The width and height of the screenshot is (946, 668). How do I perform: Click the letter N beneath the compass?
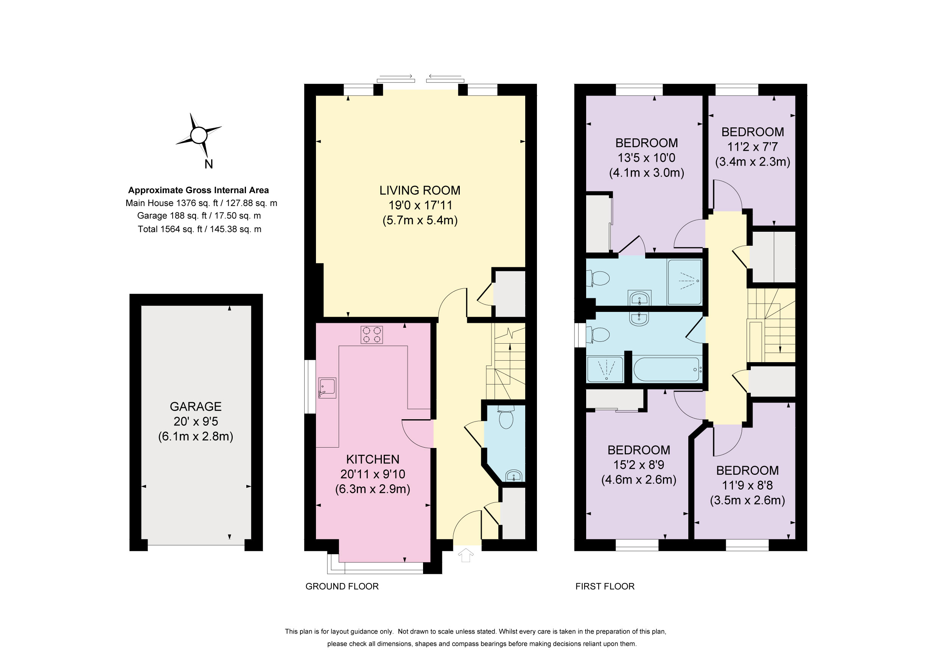208,164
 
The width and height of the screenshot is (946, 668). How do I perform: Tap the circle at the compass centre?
199,135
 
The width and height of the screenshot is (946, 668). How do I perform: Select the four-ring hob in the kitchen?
372,335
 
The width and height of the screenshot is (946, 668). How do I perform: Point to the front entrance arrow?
465,555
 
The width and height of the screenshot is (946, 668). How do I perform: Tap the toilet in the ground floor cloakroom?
506,418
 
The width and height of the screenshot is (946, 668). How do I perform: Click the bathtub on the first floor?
667,369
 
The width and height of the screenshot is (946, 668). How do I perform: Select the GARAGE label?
196,407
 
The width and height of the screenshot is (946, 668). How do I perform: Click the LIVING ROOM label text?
420,190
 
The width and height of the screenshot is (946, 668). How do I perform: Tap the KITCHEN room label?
372,459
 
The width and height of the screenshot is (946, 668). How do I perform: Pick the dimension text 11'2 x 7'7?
752,147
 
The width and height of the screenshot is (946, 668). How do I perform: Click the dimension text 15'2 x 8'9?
639,465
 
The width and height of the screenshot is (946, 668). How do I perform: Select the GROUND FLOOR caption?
342,586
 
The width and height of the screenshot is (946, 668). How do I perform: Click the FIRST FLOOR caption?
605,586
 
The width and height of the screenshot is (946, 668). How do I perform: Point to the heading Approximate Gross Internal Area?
198,190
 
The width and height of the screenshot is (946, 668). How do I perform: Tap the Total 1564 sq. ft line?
199,229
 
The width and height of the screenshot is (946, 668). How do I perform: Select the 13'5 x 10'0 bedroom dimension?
646,158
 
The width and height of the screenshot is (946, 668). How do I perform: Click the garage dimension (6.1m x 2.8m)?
196,436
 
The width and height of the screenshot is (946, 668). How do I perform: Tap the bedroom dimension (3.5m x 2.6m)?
747,500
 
